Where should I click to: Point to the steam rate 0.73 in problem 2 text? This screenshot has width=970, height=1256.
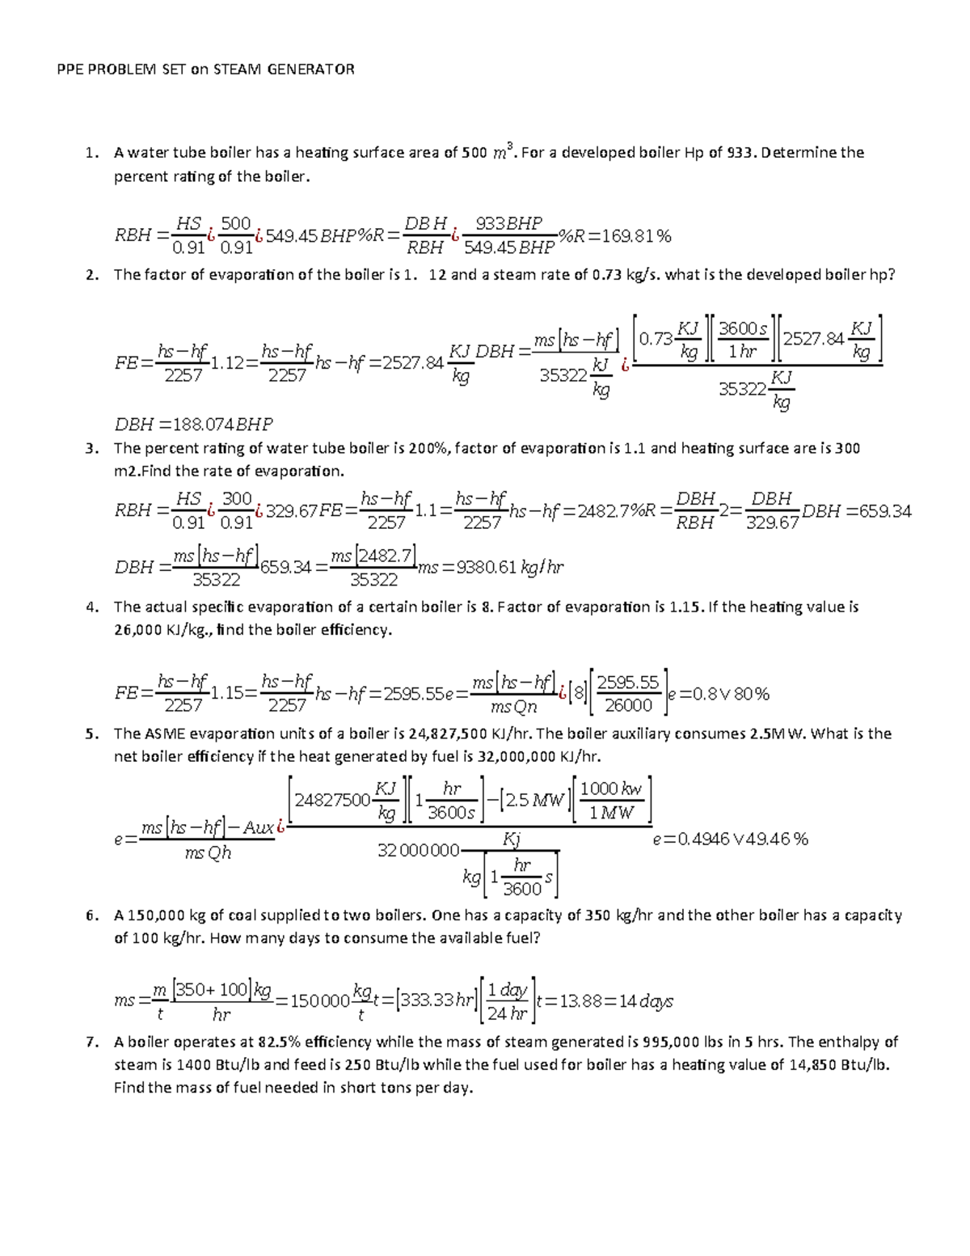[x=605, y=275]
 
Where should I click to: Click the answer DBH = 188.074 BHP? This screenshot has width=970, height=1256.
[x=194, y=424]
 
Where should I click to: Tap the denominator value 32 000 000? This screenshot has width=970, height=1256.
[x=418, y=851]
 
